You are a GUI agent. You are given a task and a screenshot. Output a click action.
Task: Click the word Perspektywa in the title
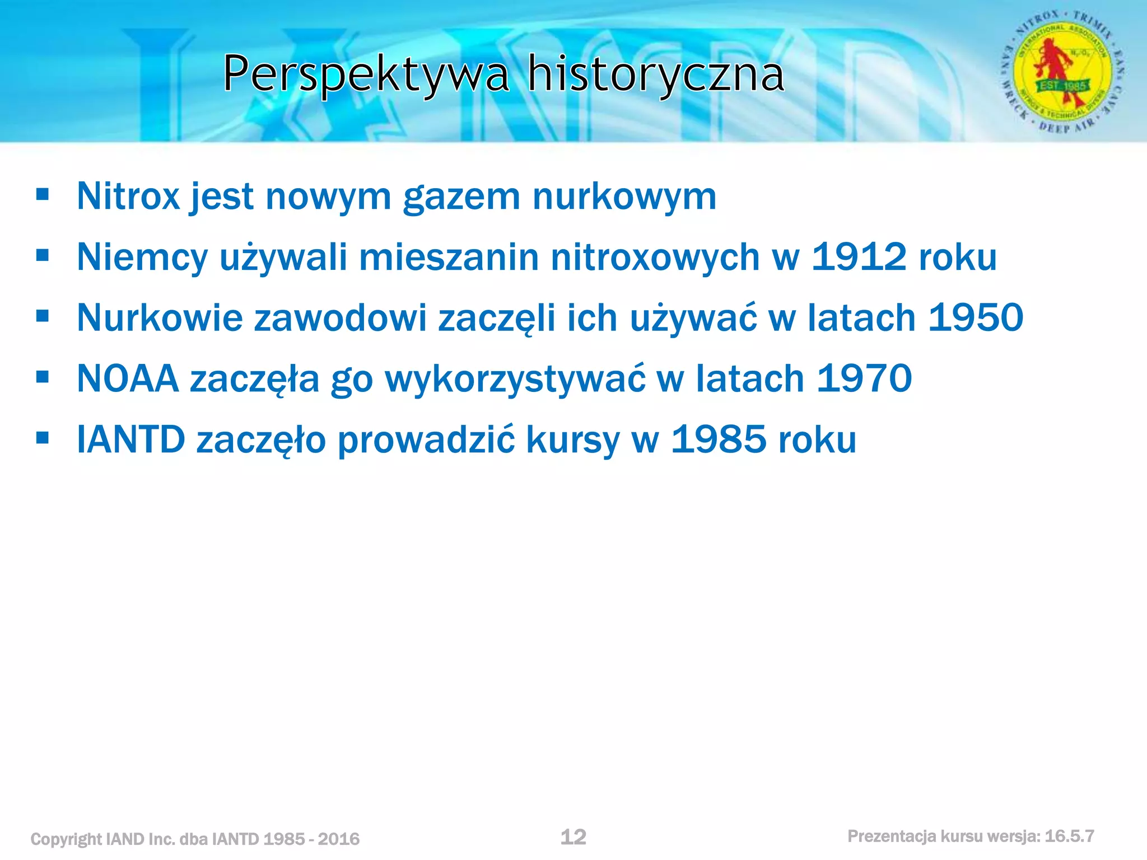[366, 74]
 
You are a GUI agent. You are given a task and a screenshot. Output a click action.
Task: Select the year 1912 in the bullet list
[859, 257]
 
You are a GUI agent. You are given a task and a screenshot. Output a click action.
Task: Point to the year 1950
[975, 317]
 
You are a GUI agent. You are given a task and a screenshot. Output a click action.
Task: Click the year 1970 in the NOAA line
[864, 378]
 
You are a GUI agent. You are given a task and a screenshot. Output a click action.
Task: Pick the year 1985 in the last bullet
[719, 440]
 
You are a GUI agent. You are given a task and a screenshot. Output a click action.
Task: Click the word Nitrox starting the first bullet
[128, 197]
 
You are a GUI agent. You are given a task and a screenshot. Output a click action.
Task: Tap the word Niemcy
[142, 258]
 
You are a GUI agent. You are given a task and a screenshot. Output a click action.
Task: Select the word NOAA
[128, 379]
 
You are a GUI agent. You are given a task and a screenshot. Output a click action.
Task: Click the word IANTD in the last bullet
[131, 440]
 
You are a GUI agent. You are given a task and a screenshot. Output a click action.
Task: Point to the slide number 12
[573, 836]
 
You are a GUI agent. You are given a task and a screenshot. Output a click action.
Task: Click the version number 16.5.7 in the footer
[1069, 836]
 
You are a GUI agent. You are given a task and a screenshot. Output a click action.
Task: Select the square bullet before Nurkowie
[43, 316]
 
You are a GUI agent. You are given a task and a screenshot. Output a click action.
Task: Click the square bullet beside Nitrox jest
[43, 195]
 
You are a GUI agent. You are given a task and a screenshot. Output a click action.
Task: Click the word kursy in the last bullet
[573, 440]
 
